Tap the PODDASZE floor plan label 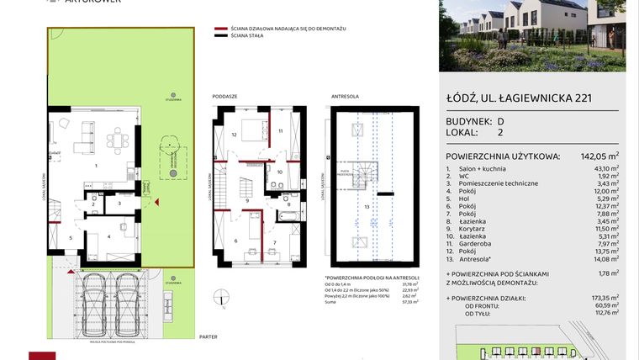pos(224,97)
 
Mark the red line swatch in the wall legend pos(220,29)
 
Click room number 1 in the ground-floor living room pos(96,166)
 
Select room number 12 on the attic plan pos(235,134)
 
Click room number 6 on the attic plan pos(235,241)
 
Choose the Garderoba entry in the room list pos(478,245)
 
